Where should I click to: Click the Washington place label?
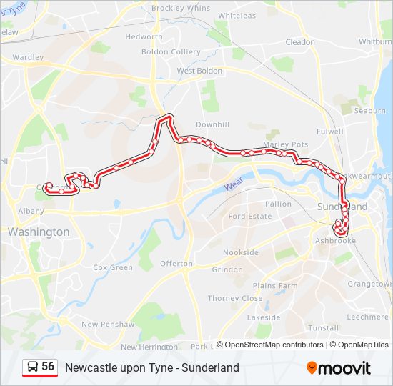[x=39, y=232]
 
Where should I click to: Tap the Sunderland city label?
[x=342, y=207]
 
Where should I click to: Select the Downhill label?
[x=212, y=124]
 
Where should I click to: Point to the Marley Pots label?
[x=286, y=144]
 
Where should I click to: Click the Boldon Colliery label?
[x=171, y=52]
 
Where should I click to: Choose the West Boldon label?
[x=199, y=71]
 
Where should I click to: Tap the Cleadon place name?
[x=300, y=42]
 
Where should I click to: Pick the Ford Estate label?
[x=250, y=216]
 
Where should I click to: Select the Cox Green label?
[x=113, y=267]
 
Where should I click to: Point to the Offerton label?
[x=176, y=264]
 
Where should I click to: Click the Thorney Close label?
[x=235, y=299]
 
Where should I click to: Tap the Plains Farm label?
[x=275, y=286]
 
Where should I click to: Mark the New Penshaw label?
[x=107, y=324]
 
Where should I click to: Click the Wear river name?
[x=233, y=185]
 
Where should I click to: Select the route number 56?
[x=48, y=366]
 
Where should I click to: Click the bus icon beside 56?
[x=32, y=367]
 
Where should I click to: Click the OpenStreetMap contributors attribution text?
[x=274, y=345]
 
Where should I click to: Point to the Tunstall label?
[x=324, y=327]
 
